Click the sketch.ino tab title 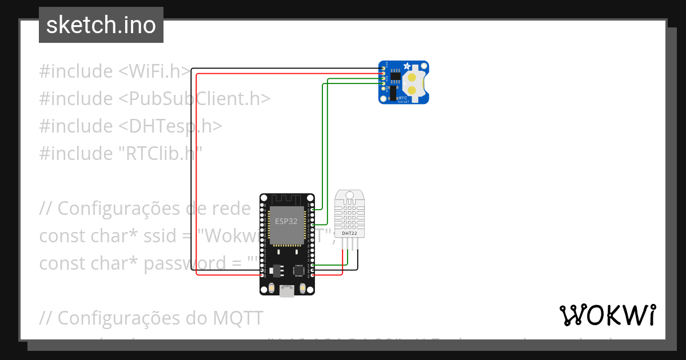pos(101,25)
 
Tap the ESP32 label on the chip pos(286,221)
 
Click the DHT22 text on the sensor pos(350,233)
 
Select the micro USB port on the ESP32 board pos(286,291)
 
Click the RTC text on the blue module pos(403,98)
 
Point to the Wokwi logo pos(607,315)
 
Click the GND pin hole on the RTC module pos(382,68)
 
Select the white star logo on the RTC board pos(406,66)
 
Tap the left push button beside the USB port pos(270,289)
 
